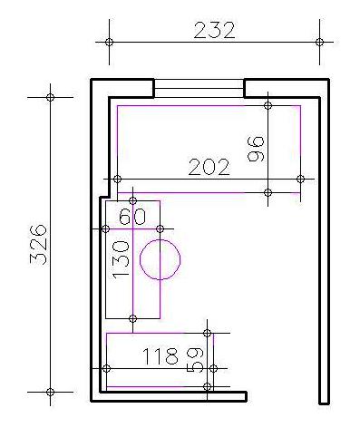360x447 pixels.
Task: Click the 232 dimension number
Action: pos(214,30)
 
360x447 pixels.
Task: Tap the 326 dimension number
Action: pos(38,244)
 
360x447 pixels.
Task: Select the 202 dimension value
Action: pos(209,167)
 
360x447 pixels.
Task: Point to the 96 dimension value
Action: pos(256,149)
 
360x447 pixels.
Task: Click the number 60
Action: pos(132,217)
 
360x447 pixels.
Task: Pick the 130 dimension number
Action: pos(121,258)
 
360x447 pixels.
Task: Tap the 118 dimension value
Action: pos(161,356)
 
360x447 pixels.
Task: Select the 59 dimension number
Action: pos(195,360)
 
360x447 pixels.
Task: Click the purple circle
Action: pos(160,239)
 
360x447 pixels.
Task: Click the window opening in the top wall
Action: pos(199,88)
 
